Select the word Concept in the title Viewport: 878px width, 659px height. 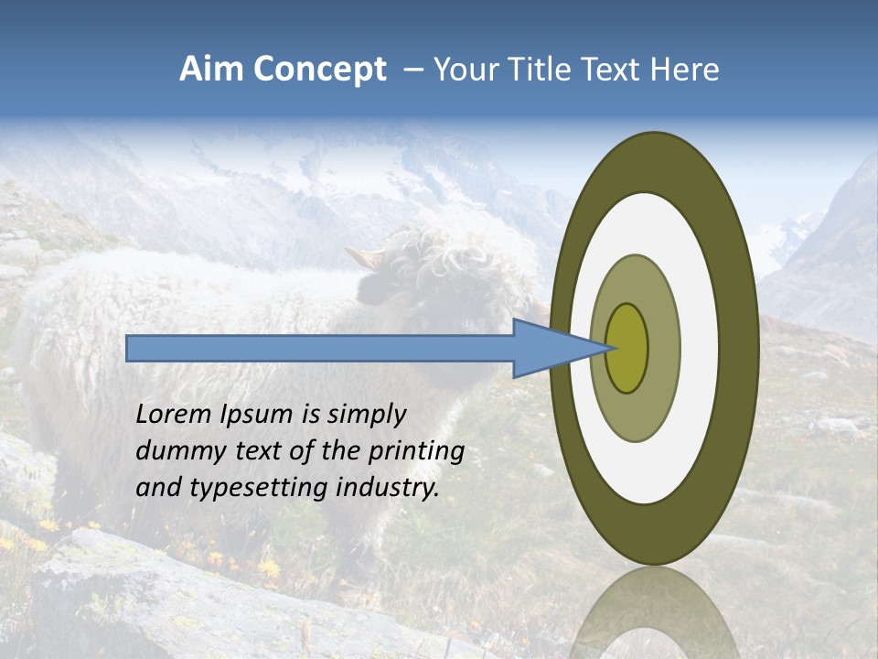click(319, 70)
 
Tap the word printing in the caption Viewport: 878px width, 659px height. click(415, 451)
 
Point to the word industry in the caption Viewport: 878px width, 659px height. click(388, 488)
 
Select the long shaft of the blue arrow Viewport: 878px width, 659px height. click(320, 348)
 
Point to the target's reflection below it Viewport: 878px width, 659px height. click(653, 613)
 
